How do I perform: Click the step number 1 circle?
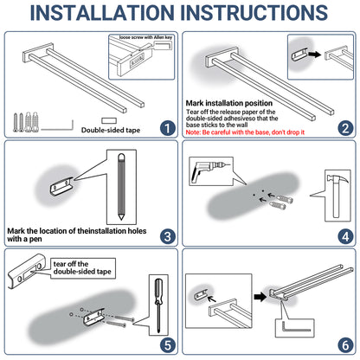tap(168, 128)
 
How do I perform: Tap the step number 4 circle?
tap(345, 236)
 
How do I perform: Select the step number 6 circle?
tap(345, 345)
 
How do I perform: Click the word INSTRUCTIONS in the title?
tap(255, 13)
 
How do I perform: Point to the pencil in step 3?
tap(121, 187)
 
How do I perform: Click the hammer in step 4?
tap(337, 196)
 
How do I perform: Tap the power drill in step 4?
tap(209, 170)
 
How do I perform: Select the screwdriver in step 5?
tap(158, 305)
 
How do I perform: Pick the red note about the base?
tap(245, 132)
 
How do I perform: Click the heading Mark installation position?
tap(229, 103)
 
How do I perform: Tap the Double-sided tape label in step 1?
tap(111, 130)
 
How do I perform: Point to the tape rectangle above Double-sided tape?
tap(109, 120)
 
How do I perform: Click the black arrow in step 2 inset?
tap(315, 54)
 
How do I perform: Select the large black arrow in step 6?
tap(260, 297)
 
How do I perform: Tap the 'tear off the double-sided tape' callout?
tap(83, 268)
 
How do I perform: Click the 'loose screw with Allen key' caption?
tap(145, 37)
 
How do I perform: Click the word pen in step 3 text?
tap(35, 240)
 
